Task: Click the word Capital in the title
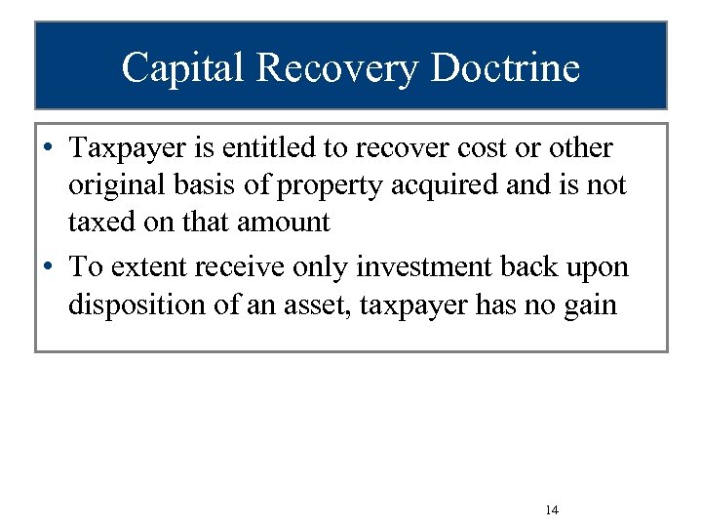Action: pos(180,67)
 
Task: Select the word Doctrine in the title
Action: pos(505,67)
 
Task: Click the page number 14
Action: pos(552,510)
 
